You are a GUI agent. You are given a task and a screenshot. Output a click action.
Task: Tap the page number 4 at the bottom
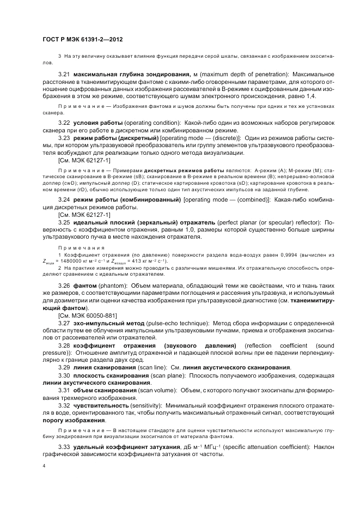(44, 466)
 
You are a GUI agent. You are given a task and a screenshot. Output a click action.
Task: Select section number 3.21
(64, 73)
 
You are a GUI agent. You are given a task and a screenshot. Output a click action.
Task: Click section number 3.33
(64, 447)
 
